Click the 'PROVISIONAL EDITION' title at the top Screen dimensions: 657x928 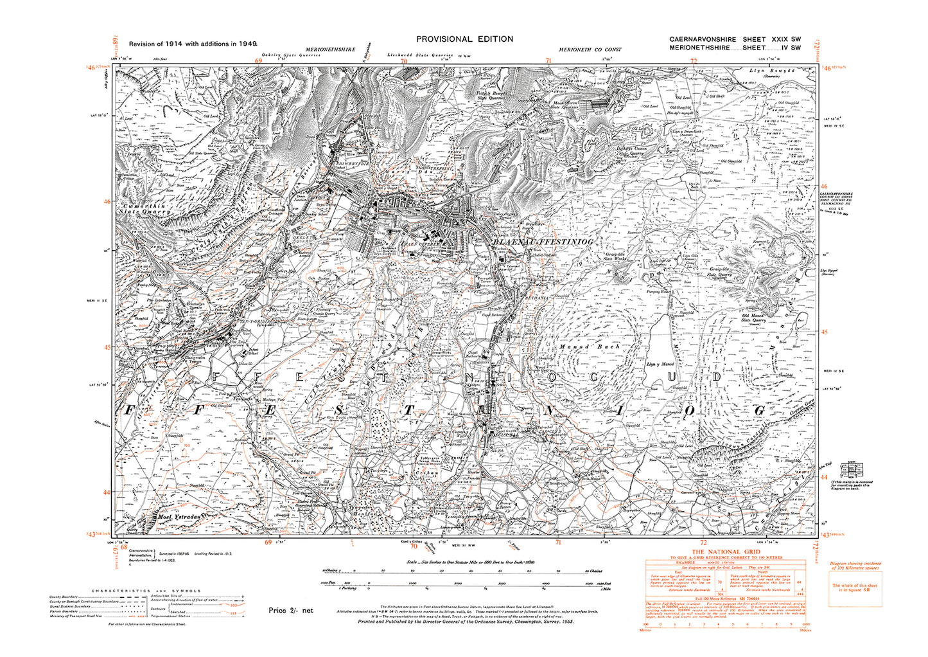[464, 39]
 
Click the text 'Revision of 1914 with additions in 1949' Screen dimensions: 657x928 [193, 44]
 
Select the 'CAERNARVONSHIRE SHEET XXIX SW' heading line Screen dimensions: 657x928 [735, 39]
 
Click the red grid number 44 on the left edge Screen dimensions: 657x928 [107, 492]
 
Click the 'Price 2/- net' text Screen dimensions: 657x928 [290, 610]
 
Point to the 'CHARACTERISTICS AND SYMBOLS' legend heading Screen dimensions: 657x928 [146, 591]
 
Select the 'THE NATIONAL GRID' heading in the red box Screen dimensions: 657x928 [724, 552]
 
